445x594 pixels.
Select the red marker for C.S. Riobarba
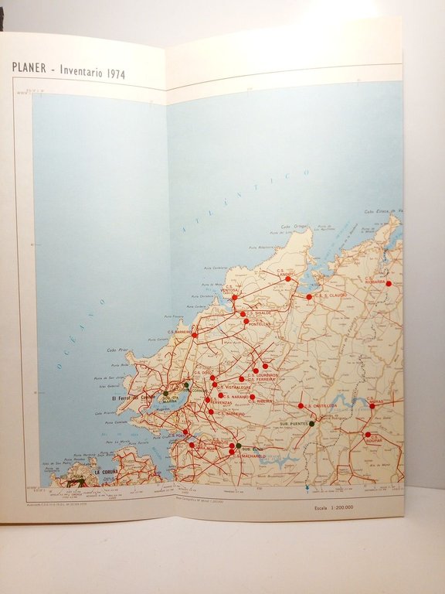[389, 284]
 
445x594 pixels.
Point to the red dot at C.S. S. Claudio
[309, 296]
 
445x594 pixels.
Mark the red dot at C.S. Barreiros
[195, 335]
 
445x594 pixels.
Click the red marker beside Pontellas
[246, 321]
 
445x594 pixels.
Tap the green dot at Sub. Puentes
[312, 423]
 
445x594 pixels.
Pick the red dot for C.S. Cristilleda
[301, 405]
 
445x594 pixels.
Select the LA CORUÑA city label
[107, 471]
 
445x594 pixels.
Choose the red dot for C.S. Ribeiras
[252, 397]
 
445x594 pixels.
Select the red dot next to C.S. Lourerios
[265, 366]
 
